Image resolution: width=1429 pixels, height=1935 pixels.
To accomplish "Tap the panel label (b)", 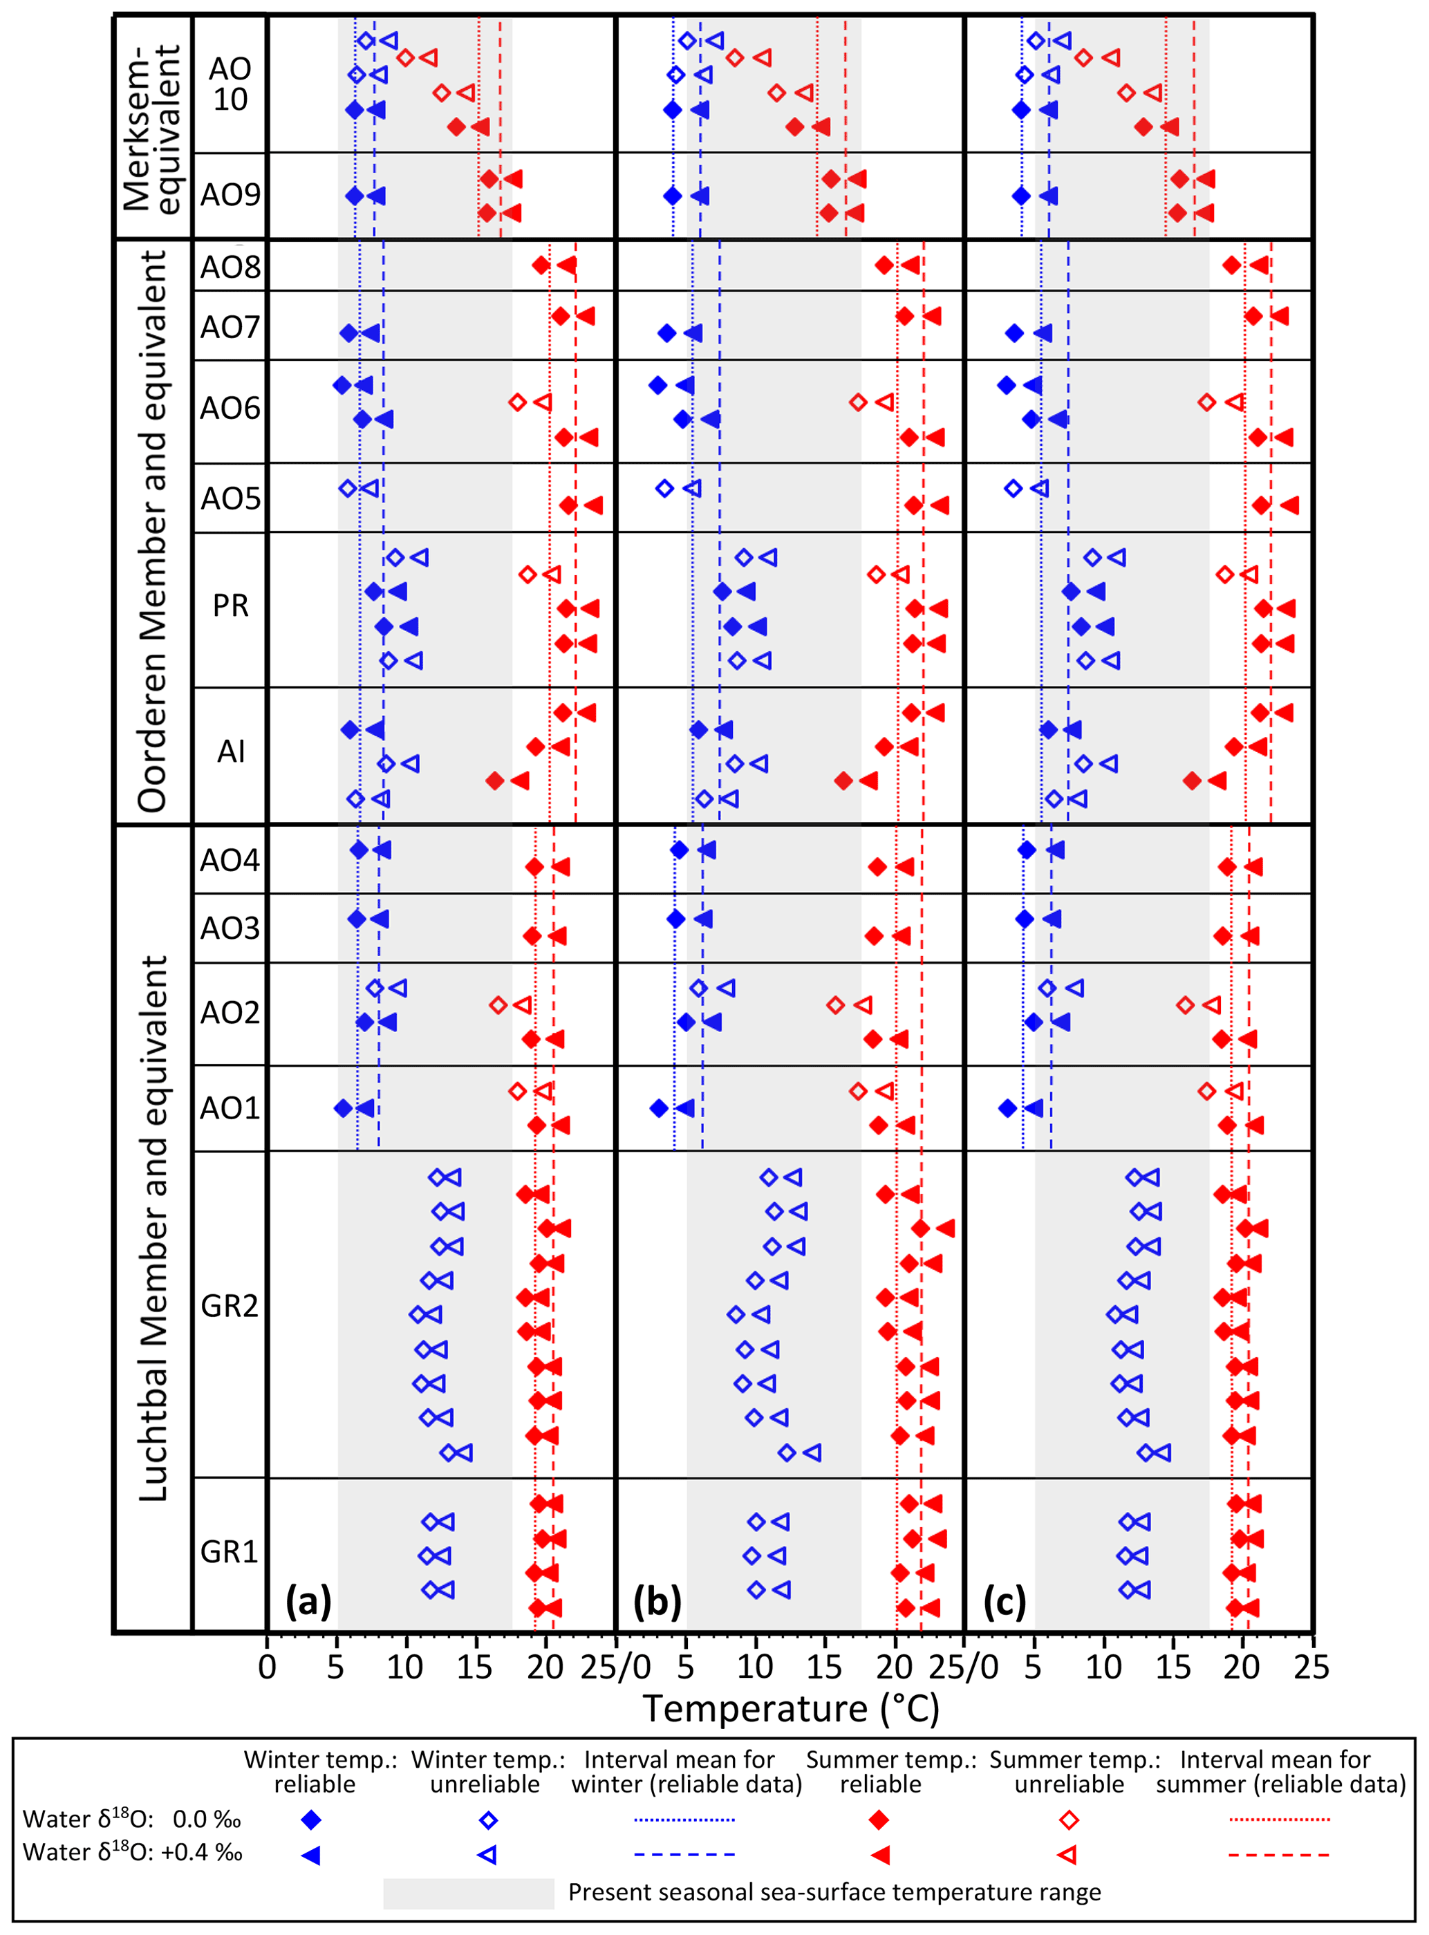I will [657, 1602].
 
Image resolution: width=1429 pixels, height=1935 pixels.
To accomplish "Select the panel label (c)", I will [1005, 1602].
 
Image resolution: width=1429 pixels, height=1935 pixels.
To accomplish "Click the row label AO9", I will [230, 195].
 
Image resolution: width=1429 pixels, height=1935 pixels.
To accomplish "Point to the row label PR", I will [230, 606].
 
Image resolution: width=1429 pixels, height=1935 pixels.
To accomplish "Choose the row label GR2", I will [230, 1306].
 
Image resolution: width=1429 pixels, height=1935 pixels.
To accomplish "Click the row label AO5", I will [230, 498].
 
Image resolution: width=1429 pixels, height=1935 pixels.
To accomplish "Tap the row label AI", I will [230, 751].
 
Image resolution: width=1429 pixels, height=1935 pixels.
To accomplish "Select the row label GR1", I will [230, 1552].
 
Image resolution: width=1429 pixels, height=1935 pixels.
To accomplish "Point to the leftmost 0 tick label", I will [268, 1667].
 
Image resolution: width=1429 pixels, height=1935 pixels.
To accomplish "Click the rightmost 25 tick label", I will [1311, 1667].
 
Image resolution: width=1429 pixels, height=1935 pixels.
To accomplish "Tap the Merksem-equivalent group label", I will [153, 127].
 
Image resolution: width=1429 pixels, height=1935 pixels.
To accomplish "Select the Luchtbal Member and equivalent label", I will [153, 1228].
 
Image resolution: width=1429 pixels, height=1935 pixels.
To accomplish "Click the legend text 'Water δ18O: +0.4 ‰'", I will [132, 1853].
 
